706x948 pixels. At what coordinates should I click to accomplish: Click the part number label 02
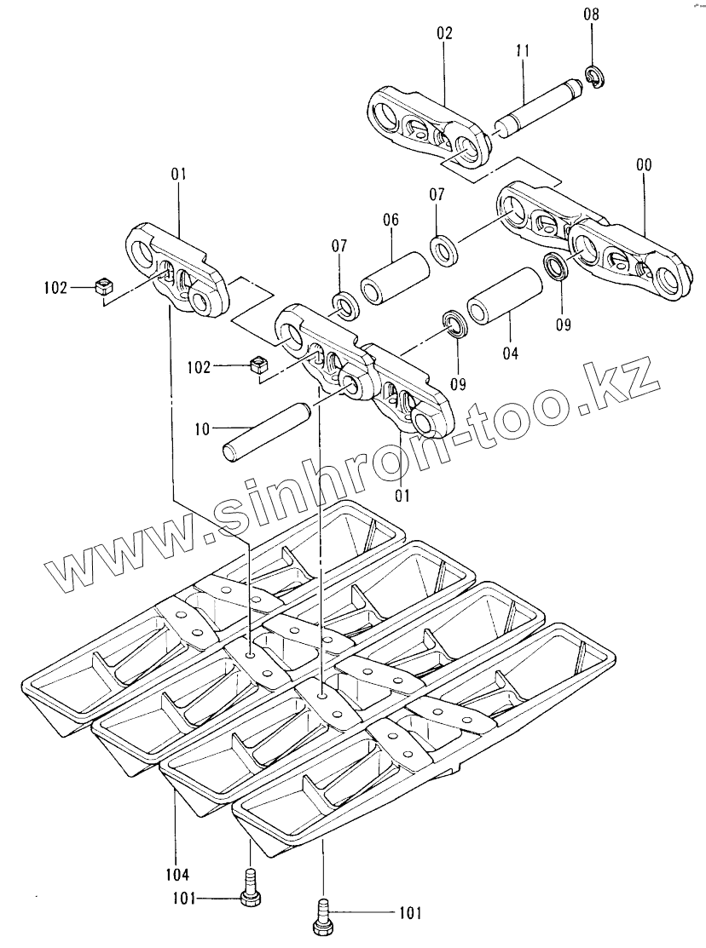(445, 34)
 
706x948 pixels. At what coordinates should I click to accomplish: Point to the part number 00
(643, 165)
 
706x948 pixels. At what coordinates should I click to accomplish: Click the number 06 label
(391, 220)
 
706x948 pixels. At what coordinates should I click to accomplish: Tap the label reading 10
(202, 429)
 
